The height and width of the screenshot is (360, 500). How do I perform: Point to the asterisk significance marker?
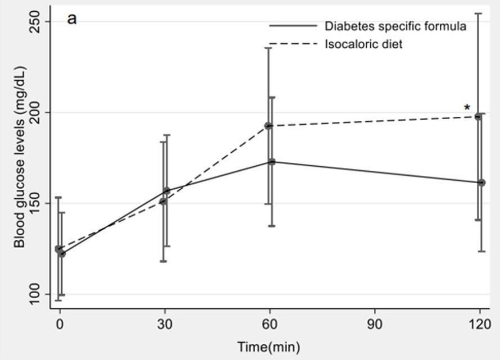(x=467, y=108)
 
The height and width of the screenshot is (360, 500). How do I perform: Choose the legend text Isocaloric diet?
(x=363, y=44)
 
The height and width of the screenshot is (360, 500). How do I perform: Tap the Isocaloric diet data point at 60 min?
(x=269, y=126)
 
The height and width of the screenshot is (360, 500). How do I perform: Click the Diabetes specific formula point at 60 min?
(x=271, y=162)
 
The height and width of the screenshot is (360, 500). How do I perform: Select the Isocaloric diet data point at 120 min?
(x=479, y=116)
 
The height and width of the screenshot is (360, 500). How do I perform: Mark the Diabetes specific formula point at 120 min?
(x=481, y=183)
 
